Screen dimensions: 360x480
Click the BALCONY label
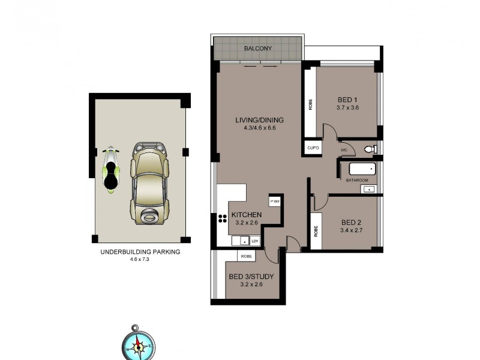[x=258, y=49]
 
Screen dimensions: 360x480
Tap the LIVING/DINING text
[x=259, y=120]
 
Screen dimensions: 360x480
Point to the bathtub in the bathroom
[x=358, y=169]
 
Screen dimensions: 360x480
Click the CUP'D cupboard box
[x=312, y=148]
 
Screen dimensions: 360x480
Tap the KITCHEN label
[x=246, y=214]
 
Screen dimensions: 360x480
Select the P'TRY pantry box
[x=276, y=201]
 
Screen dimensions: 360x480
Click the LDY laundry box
[x=254, y=241]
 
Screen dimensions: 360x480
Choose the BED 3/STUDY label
[x=251, y=277]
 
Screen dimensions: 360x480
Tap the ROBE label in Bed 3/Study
[x=246, y=256]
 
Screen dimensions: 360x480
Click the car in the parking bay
[x=148, y=183]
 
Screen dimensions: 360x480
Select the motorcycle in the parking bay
[x=110, y=170]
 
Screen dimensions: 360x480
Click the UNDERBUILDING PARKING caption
[x=140, y=252]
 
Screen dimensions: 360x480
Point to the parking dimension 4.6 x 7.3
[x=139, y=259]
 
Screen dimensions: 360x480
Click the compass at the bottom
[x=139, y=345]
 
